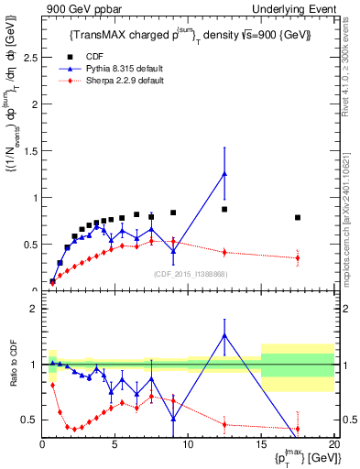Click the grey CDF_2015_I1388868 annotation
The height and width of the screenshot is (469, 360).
point(191,274)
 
